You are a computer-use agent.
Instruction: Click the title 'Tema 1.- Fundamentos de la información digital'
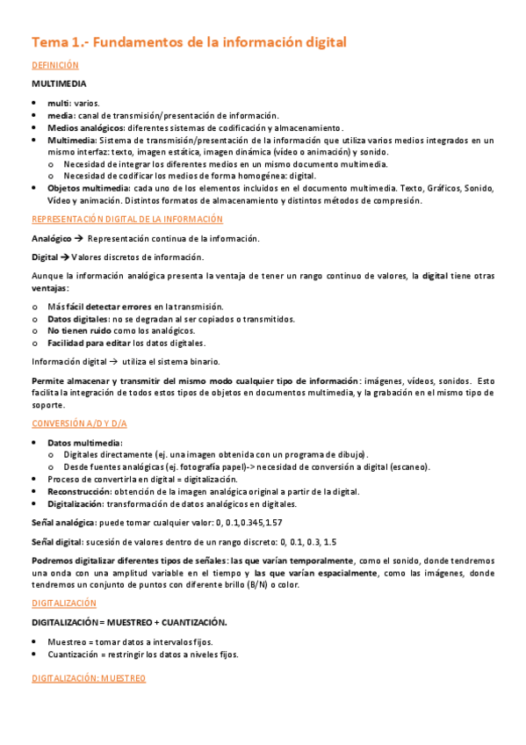[x=190, y=41]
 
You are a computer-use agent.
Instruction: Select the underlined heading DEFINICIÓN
[x=55, y=65]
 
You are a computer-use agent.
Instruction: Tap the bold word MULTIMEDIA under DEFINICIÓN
[x=59, y=84]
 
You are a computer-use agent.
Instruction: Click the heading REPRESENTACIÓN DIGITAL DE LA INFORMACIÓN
[x=128, y=219]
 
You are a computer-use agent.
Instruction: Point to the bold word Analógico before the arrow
[x=51, y=238]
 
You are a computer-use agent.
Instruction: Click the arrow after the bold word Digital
[x=64, y=257]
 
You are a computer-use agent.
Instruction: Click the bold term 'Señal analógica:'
[x=65, y=523]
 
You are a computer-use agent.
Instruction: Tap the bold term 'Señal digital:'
[x=58, y=542]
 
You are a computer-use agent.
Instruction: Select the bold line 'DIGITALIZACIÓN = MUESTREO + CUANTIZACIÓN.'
[x=129, y=622]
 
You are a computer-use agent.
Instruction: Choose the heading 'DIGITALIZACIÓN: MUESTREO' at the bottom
[x=89, y=679]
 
